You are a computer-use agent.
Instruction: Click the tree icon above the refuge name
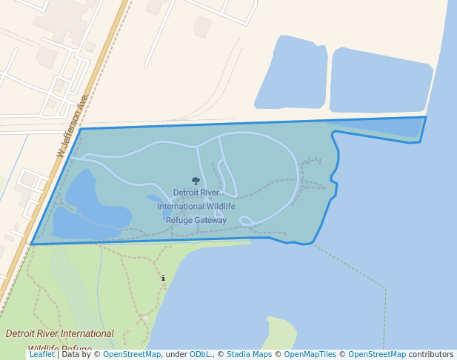point(196,181)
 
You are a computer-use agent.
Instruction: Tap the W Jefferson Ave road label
point(73,125)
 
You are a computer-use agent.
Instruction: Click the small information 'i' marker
point(164,279)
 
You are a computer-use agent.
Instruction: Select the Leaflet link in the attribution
point(41,355)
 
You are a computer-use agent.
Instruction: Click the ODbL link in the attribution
point(200,355)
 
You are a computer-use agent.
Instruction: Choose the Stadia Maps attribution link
point(249,355)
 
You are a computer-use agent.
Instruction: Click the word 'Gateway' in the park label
point(208,220)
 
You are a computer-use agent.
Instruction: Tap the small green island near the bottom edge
point(280,332)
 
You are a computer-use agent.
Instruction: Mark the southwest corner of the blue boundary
point(31,244)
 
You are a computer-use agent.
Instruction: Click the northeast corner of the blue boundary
point(425,117)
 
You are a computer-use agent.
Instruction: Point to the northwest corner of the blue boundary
point(81,129)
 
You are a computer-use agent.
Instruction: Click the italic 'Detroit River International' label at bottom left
point(60,334)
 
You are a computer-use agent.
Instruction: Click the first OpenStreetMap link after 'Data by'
point(132,355)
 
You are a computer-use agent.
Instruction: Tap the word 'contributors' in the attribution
point(431,355)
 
